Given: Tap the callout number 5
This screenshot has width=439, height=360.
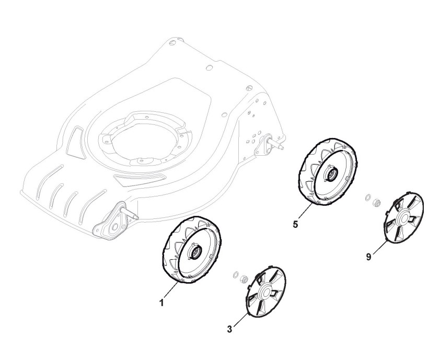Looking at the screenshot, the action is tap(295, 225).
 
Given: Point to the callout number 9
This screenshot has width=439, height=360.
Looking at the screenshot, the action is tap(369, 257).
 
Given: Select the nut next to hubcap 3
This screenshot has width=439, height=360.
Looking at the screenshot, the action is tap(243, 280).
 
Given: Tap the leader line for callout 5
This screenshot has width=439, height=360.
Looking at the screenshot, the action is tap(304, 214).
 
